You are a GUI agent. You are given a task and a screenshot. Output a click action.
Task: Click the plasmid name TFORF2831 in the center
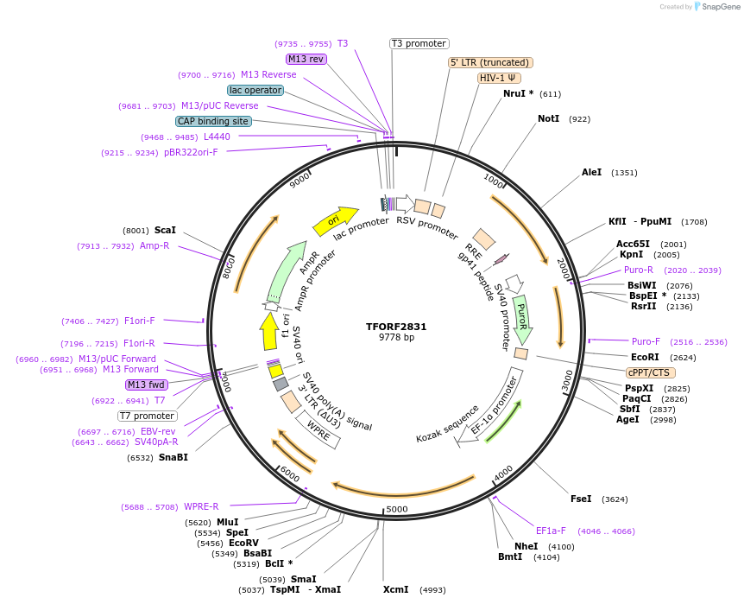(x=396, y=327)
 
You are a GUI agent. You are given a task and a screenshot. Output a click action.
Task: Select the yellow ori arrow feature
(x=335, y=220)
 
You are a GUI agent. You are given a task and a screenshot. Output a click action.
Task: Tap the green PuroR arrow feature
(x=522, y=319)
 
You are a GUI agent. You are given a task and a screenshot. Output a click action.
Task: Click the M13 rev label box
(x=306, y=59)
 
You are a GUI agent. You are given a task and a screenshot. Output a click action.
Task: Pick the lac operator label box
(x=255, y=90)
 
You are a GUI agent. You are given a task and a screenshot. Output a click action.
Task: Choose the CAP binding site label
(x=213, y=122)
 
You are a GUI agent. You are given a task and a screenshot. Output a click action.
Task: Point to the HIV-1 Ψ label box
(x=498, y=78)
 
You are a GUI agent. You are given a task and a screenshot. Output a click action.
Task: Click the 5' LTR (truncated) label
(x=491, y=62)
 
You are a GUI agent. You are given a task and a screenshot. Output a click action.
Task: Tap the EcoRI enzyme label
(x=645, y=357)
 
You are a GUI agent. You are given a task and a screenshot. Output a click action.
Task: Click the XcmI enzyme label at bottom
(x=396, y=590)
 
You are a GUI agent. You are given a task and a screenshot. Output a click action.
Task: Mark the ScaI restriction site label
(x=165, y=231)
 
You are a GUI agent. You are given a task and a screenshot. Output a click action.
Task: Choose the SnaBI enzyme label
(x=173, y=457)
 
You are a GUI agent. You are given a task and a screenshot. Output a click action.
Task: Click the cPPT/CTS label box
(x=648, y=372)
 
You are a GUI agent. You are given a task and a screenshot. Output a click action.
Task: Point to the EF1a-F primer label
(x=551, y=531)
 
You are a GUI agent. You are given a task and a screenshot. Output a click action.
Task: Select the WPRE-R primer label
(x=201, y=506)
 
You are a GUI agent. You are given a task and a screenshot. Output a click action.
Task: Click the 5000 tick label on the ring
(x=396, y=509)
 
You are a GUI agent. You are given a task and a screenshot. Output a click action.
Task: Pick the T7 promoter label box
(x=148, y=416)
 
